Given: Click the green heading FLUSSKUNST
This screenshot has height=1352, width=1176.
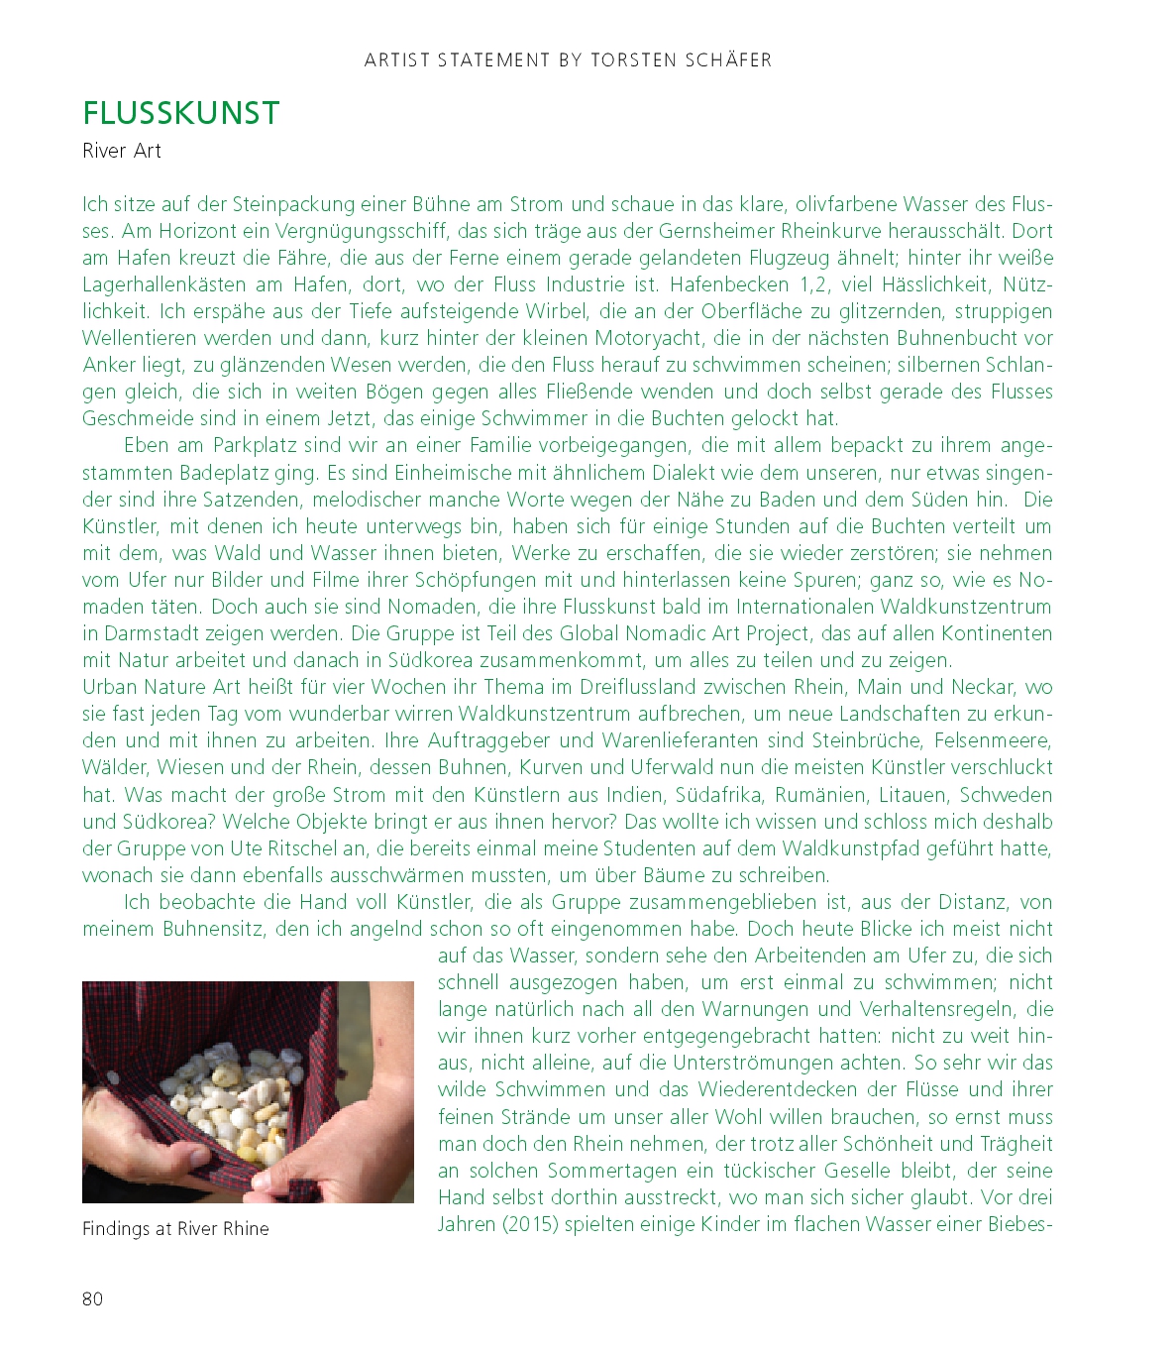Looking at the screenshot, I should pyautogui.click(x=181, y=114).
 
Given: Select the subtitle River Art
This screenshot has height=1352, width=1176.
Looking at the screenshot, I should pyautogui.click(x=122, y=151).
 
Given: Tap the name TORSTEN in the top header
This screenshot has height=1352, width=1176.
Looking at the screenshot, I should pyautogui.click(x=631, y=60).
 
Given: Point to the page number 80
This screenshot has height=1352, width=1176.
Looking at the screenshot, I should pyautogui.click(x=92, y=1298).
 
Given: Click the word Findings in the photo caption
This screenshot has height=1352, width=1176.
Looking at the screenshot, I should pyautogui.click(x=116, y=1229).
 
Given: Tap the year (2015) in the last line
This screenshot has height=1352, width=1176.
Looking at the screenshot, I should pyautogui.click(x=530, y=1224).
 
